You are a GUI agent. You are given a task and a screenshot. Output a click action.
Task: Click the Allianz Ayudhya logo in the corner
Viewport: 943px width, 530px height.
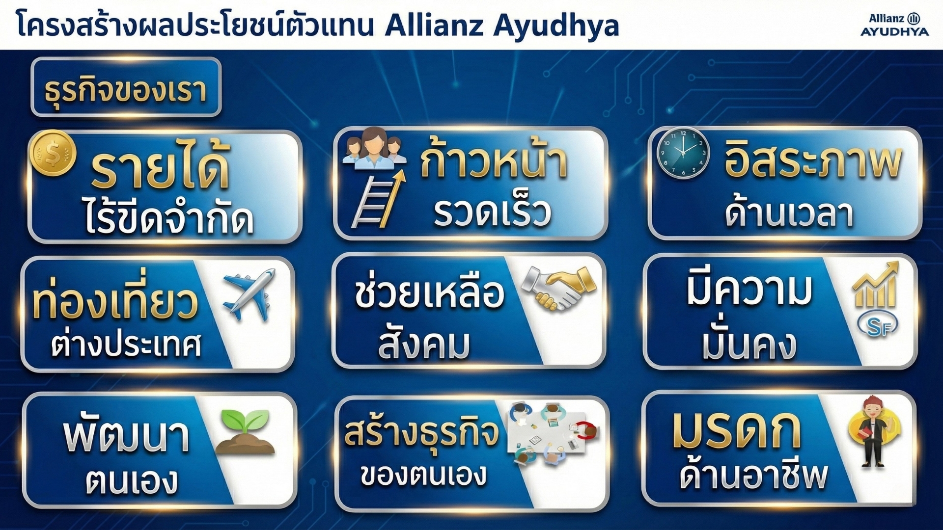[894, 25]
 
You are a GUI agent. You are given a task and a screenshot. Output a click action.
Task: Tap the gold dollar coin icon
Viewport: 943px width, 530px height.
[52, 153]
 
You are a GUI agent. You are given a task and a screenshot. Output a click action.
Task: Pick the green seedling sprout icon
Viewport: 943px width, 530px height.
[245, 432]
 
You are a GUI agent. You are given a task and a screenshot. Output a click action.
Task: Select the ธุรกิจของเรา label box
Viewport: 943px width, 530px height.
[126, 88]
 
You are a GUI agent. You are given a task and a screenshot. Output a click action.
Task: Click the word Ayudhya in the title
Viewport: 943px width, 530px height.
[555, 26]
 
